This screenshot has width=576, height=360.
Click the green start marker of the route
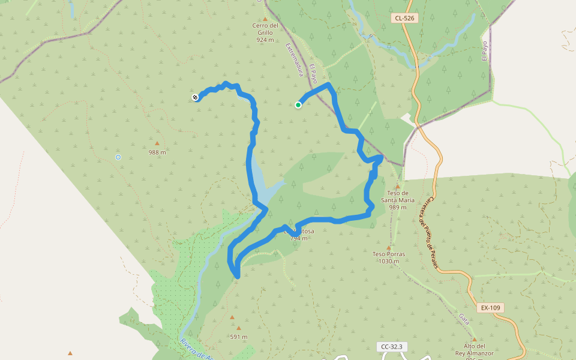[298, 105]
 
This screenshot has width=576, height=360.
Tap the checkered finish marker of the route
[196, 97]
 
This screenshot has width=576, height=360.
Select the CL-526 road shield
[405, 19]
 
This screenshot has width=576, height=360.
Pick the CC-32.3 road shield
[394, 347]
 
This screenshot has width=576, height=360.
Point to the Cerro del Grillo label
[265, 32]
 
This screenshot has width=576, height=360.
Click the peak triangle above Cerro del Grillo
[265, 19]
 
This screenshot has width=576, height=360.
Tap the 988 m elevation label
[157, 152]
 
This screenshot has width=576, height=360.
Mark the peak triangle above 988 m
[157, 143]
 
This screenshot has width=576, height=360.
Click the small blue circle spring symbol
[118, 157]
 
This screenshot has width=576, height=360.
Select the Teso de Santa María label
[397, 200]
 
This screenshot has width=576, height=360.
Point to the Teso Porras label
[389, 257]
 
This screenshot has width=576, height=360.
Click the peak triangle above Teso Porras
[388, 247]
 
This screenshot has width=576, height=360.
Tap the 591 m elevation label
[239, 337]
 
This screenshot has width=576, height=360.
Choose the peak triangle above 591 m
[238, 328]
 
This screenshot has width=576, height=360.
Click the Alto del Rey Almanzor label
[473, 350]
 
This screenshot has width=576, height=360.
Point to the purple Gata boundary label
[464, 319]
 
